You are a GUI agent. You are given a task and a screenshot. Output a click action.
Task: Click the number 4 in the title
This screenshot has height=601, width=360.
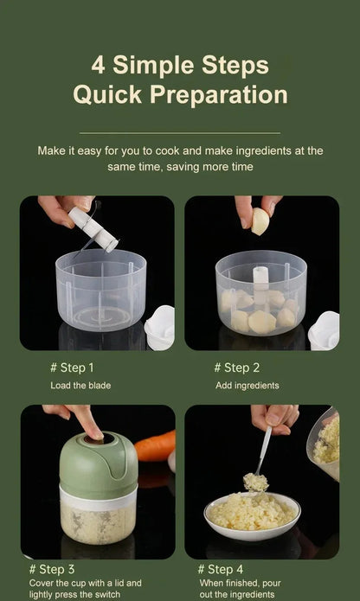coord(98,66)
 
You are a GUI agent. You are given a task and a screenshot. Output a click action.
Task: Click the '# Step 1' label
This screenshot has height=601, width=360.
coord(73,368)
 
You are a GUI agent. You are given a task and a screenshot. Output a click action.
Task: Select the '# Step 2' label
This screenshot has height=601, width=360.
coord(237,368)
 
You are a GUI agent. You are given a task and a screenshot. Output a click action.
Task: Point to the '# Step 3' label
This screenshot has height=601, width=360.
coord(52,569)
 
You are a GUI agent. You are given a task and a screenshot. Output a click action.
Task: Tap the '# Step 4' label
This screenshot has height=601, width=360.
coord(221,569)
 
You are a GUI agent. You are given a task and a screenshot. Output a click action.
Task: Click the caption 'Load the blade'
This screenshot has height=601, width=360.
coord(80,385)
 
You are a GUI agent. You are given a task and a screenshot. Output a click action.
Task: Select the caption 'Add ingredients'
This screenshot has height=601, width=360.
coord(247,385)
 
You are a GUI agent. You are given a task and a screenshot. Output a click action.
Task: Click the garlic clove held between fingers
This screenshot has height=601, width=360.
coord(260,221)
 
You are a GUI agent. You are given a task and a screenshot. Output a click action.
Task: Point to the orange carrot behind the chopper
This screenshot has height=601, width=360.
coord(155,446)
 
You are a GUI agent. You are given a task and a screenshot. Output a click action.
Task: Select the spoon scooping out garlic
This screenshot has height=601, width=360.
coord(261,454)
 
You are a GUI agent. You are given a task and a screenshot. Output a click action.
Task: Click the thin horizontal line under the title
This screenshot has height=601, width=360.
coord(180,133)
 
